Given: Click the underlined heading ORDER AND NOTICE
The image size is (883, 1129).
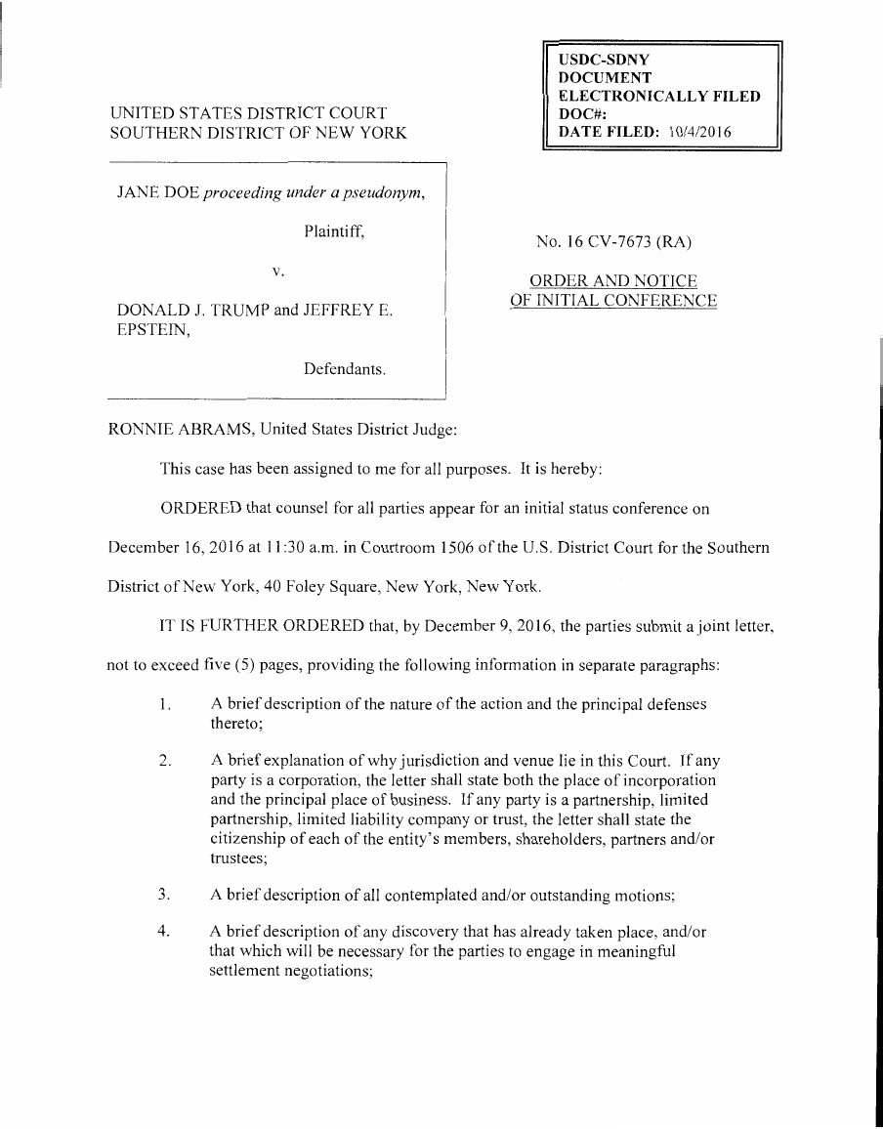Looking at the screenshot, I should point(613,282).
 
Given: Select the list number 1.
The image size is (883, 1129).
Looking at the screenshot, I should point(165,703).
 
